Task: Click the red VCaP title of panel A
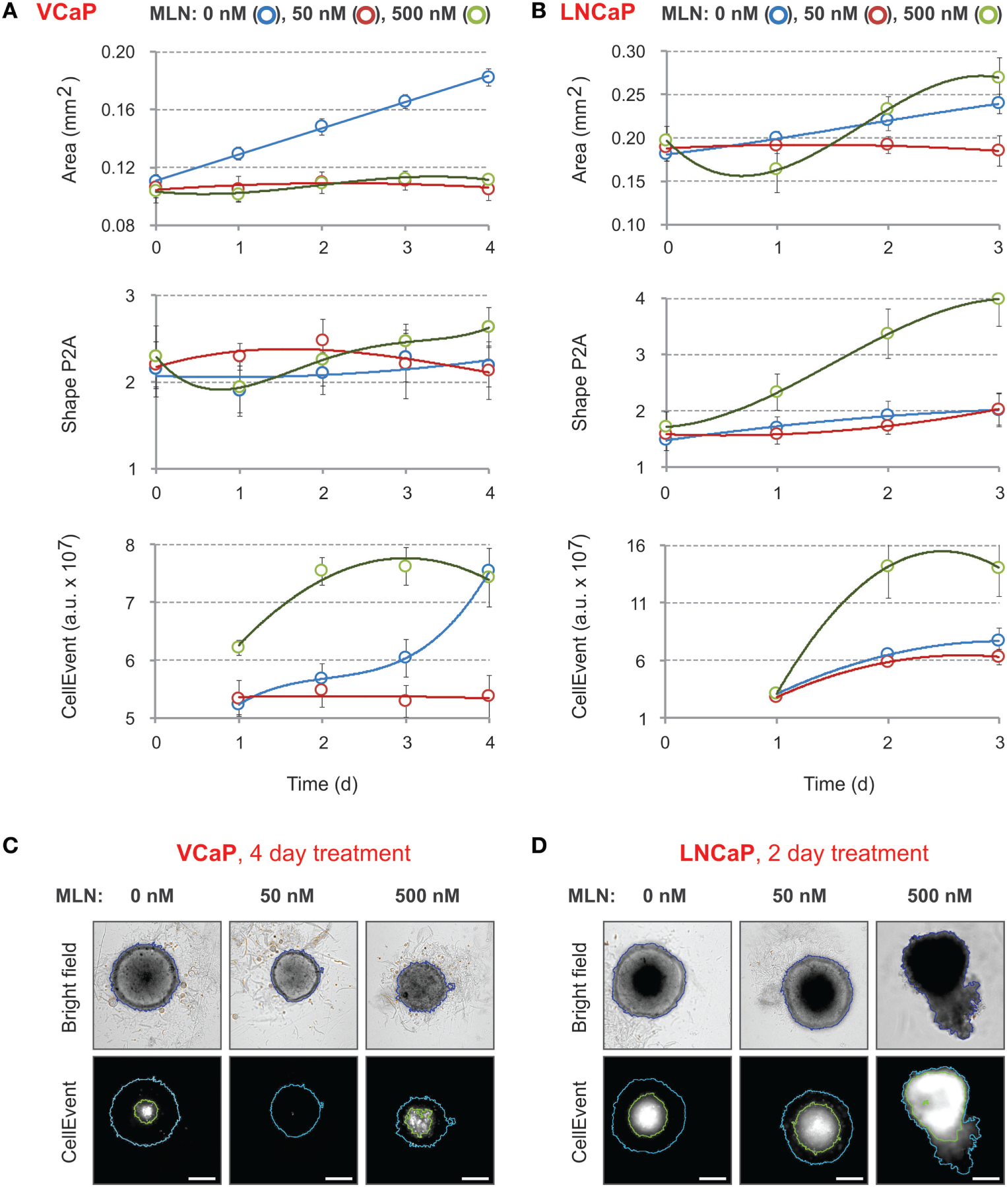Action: (66, 13)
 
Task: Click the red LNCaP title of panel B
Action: (597, 13)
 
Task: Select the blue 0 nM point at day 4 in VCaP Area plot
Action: (488, 77)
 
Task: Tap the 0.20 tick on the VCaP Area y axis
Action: (117, 52)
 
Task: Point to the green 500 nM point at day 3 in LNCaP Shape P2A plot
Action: (998, 299)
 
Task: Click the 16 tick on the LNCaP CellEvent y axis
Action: (636, 546)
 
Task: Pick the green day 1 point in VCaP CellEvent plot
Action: (238, 647)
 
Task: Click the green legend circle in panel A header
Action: (475, 15)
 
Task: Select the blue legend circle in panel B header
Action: (779, 15)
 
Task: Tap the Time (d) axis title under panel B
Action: (838, 784)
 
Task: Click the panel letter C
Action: (11, 846)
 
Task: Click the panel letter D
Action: (539, 846)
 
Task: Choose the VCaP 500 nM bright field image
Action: (429, 985)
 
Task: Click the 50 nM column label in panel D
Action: (799, 896)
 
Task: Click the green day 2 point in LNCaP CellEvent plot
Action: (888, 566)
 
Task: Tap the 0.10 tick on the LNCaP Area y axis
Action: (628, 225)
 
